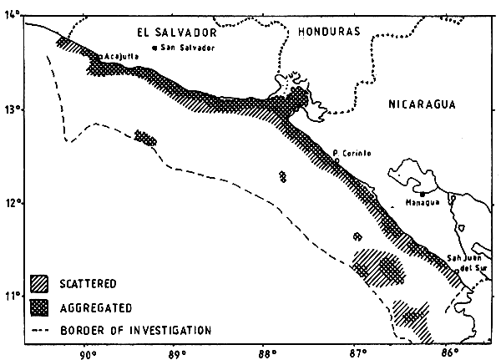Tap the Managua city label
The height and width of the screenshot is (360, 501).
tap(421, 203)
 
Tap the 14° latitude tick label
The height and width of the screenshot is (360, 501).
tap(12, 17)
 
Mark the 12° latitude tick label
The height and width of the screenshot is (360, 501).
tap(12, 204)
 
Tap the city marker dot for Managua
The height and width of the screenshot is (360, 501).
tap(422, 194)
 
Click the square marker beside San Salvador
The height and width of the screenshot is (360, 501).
tap(155, 48)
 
